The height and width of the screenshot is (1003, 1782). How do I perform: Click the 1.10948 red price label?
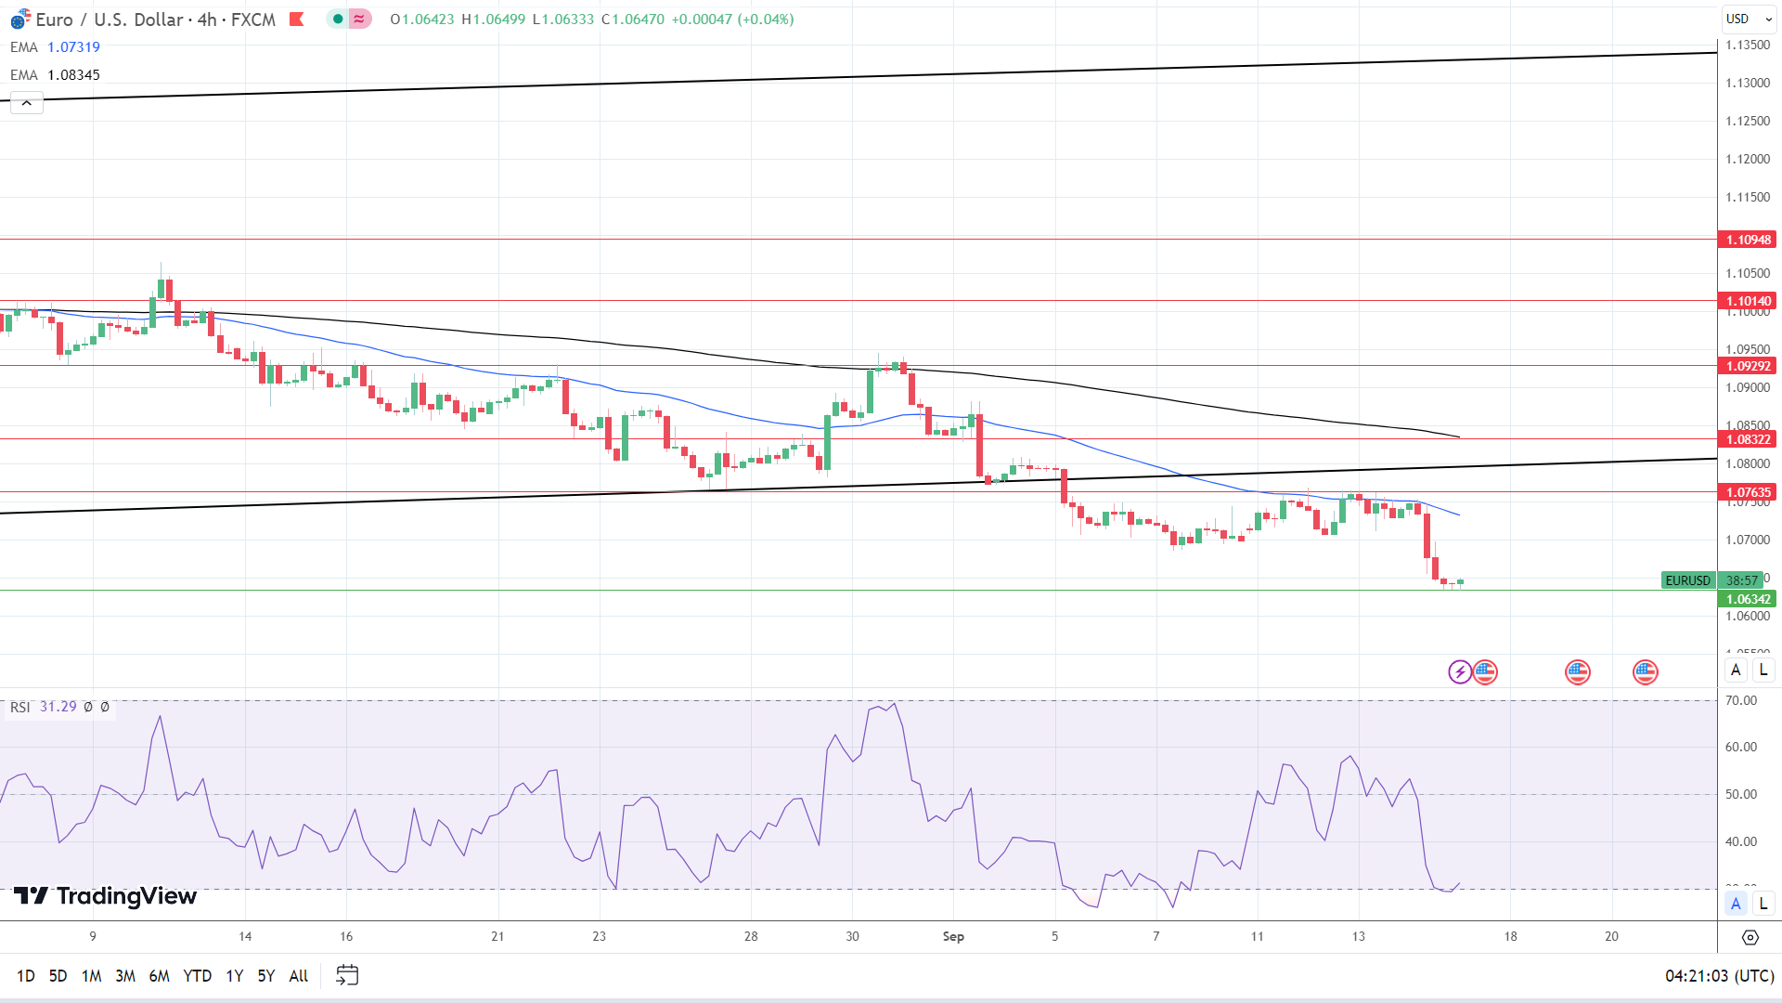[1748, 240]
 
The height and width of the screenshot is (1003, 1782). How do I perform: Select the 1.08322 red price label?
[1748, 439]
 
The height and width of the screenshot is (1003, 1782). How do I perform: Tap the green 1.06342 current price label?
[1748, 599]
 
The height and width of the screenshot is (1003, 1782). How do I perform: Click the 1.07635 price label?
[1748, 492]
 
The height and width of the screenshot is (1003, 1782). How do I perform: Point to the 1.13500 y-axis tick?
[1748, 45]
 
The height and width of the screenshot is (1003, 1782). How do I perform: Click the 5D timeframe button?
[58, 975]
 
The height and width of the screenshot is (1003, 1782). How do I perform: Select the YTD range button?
[197, 975]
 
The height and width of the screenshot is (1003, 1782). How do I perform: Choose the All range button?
[298, 975]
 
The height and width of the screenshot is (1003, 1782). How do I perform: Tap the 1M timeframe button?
[91, 975]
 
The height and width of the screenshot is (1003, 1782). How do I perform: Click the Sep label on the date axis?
[953, 936]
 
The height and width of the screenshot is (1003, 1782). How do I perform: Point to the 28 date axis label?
[751, 936]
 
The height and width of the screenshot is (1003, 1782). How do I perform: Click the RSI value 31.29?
[58, 707]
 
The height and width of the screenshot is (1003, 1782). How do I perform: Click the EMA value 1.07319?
[73, 46]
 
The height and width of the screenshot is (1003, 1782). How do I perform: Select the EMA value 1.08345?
[73, 74]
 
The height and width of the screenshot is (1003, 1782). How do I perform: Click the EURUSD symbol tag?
[1687, 580]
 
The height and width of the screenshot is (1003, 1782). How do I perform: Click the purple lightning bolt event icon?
[1460, 671]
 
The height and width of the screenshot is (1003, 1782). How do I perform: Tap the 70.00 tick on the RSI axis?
[1741, 700]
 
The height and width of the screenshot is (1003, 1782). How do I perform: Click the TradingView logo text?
[126, 896]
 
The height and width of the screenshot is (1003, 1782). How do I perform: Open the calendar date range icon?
[347, 975]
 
